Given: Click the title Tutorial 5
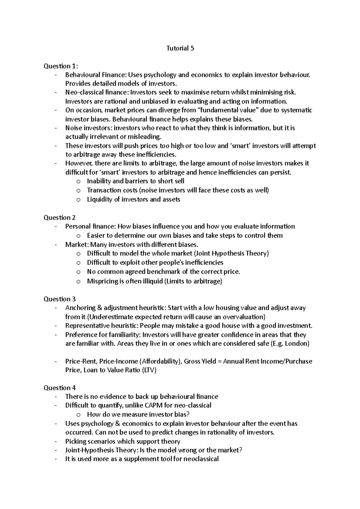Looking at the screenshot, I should click(x=180, y=48).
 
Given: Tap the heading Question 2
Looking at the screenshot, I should click(x=60, y=218).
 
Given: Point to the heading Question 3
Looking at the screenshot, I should click(x=60, y=299).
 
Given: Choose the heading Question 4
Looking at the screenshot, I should click(x=60, y=388).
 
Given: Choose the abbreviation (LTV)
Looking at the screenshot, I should click(x=149, y=370).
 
